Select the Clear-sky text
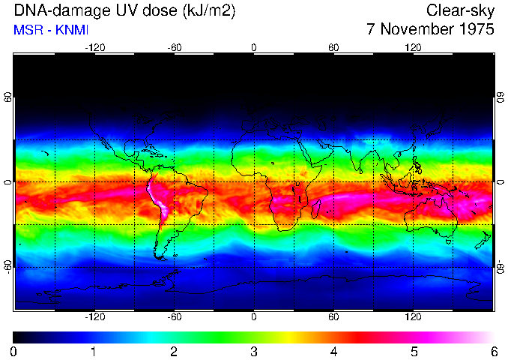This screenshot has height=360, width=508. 460,10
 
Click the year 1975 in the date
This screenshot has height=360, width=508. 476,30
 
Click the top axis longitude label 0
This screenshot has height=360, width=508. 254,47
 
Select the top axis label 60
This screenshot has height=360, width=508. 333,47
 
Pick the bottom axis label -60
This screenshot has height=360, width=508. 174,317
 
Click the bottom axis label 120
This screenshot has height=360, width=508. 414,317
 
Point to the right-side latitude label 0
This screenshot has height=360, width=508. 501,182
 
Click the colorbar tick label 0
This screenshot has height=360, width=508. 14,352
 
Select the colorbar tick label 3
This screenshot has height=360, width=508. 254,352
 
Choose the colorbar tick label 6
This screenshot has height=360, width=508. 493,352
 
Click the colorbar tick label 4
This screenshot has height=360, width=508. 333,352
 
